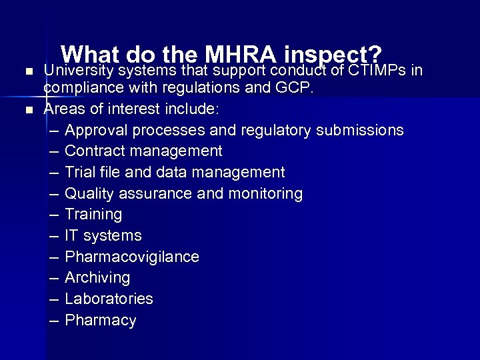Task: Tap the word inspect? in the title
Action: [x=333, y=55]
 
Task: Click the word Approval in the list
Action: [x=95, y=130]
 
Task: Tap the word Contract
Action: [x=93, y=151]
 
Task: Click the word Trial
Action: [x=79, y=172]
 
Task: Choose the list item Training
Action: [x=93, y=215]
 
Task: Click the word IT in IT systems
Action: [x=71, y=235]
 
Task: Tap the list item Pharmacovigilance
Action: [x=132, y=257]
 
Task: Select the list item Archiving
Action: [x=97, y=277]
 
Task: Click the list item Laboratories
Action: [x=109, y=299]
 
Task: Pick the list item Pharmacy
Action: [x=101, y=321]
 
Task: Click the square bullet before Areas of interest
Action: [x=27, y=109]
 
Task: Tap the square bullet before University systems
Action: [x=27, y=71]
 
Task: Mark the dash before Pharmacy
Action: [x=54, y=321]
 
